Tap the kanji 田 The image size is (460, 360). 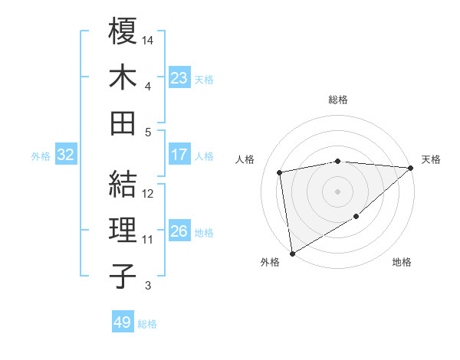tap(123, 123)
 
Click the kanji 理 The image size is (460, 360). tap(123, 230)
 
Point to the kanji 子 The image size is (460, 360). tap(123, 276)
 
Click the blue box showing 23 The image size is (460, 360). tap(179, 78)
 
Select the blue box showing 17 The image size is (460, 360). tap(179, 155)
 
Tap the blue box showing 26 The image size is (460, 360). tap(179, 231)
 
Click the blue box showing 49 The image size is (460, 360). tap(122, 323)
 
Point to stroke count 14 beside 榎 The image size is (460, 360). tap(149, 39)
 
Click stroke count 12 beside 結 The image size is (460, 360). tap(149, 194)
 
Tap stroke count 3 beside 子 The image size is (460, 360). tap(148, 286)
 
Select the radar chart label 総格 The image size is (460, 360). tap(338, 100)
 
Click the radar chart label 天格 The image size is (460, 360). tap(431, 159)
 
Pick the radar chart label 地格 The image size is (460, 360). tap(402, 262)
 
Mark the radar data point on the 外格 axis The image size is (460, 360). tap(292, 253)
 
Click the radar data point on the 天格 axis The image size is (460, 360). tap(411, 168)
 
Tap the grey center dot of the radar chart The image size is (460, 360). tap(337, 191)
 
